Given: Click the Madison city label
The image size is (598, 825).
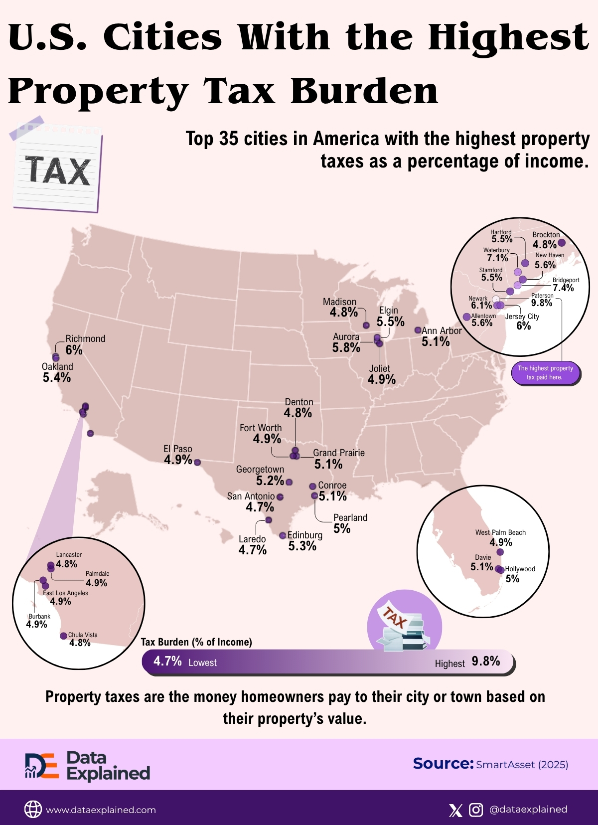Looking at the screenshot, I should point(339,302).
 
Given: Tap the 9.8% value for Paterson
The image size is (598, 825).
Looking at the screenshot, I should point(542,303).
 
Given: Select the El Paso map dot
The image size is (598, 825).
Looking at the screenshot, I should point(197,463).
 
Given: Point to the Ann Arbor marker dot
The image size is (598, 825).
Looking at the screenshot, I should point(418,330).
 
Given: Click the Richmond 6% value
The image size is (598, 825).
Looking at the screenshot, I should point(74,350).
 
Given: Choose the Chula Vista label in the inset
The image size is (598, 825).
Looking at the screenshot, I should point(83,635).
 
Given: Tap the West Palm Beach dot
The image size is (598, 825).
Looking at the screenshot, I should point(500,552).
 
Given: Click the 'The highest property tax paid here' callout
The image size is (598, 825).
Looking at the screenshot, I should point(545,373).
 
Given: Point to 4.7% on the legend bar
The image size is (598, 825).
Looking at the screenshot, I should point(167,661).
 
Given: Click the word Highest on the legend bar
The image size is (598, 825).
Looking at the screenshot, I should point(449,663).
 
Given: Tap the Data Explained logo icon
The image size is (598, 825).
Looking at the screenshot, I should point(42,766).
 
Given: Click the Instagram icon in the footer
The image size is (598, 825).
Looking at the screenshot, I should point(476,810).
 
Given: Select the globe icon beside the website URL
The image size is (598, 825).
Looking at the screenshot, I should point(33,810).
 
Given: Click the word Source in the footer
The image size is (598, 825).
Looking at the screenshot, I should point(443,764).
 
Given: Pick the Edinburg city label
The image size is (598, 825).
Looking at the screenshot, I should point(304,535).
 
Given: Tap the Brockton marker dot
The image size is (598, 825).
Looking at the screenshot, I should point(562,243).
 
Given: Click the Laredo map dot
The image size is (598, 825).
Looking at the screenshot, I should point(269,520).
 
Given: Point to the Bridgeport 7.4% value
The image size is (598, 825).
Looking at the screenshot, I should point(563,288).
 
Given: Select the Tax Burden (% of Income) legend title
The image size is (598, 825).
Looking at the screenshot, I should point(196,642).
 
